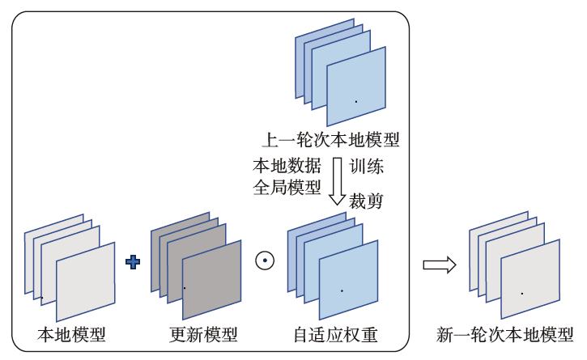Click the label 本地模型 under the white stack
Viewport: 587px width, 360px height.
[x=71, y=334]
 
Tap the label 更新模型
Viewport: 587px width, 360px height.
[x=203, y=334]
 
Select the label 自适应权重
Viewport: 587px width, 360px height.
[x=335, y=334]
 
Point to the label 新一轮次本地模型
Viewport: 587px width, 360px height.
[x=504, y=334]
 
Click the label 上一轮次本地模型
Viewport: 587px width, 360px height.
[x=332, y=139]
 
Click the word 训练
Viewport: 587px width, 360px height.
[x=366, y=167]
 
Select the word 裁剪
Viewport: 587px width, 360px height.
[x=366, y=201]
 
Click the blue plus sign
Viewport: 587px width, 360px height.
[x=134, y=261]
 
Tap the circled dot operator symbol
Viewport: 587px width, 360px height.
[x=265, y=261]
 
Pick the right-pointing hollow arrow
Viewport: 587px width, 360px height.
[x=440, y=265]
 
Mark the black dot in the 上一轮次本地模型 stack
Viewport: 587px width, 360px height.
[x=355, y=101]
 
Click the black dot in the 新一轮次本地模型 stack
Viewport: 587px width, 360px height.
[x=521, y=293]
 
